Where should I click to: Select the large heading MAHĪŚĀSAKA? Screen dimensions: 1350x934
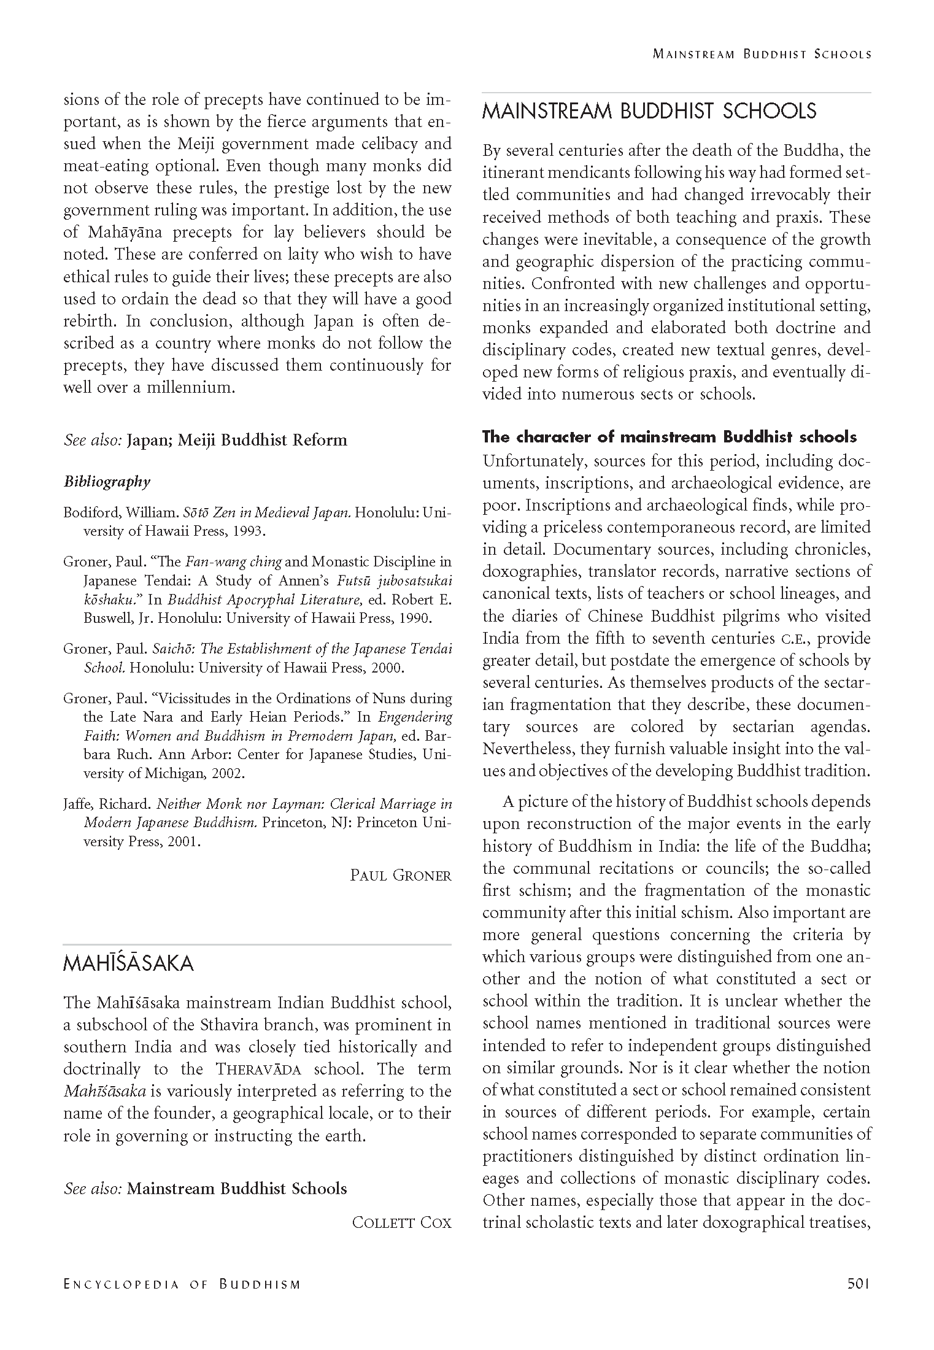pos(128,963)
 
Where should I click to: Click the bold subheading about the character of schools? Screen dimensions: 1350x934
pos(669,437)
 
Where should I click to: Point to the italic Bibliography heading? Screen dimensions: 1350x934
pos(107,482)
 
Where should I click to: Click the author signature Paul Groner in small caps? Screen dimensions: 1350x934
pos(400,875)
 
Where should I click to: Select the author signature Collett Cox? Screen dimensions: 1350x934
pos(401,1222)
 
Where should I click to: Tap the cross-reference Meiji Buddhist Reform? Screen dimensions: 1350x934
pos(262,440)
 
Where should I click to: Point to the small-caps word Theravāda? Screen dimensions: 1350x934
pos(258,1070)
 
